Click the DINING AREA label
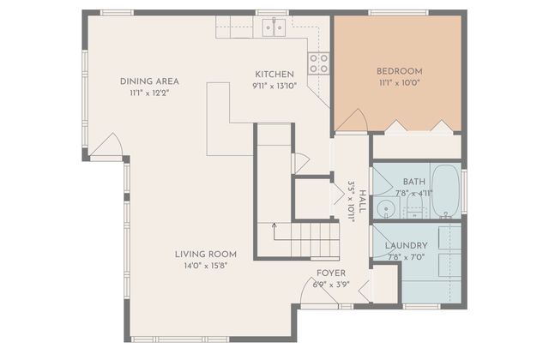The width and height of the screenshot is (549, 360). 149,81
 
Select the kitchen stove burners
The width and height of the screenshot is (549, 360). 319,63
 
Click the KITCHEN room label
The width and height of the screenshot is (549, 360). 274,75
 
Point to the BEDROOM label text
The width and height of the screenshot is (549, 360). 399,71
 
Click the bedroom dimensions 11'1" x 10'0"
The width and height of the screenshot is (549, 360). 399,83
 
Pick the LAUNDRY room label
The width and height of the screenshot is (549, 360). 407,245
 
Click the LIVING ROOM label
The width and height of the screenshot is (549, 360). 206,254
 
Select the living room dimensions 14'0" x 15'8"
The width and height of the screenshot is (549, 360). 206,266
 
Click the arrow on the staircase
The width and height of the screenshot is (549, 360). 274,228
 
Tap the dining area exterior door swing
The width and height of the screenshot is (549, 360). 108,148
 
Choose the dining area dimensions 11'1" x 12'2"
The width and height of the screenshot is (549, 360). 149,93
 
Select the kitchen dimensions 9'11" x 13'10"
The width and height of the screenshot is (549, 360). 274,87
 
